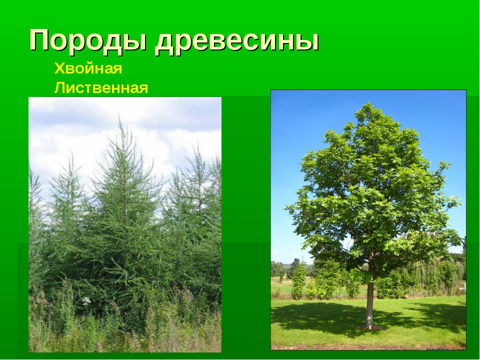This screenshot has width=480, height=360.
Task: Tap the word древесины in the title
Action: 237,41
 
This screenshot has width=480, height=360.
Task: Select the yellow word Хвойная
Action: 88,68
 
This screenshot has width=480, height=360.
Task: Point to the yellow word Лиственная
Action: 101,88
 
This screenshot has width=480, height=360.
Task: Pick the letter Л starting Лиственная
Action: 60,88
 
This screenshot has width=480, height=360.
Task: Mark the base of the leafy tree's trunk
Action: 369,327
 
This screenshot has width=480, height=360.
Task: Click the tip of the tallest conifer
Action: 119,115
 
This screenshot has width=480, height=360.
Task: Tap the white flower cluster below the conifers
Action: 86,301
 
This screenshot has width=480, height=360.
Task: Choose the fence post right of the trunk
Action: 413,291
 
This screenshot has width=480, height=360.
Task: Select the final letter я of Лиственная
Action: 143,89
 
